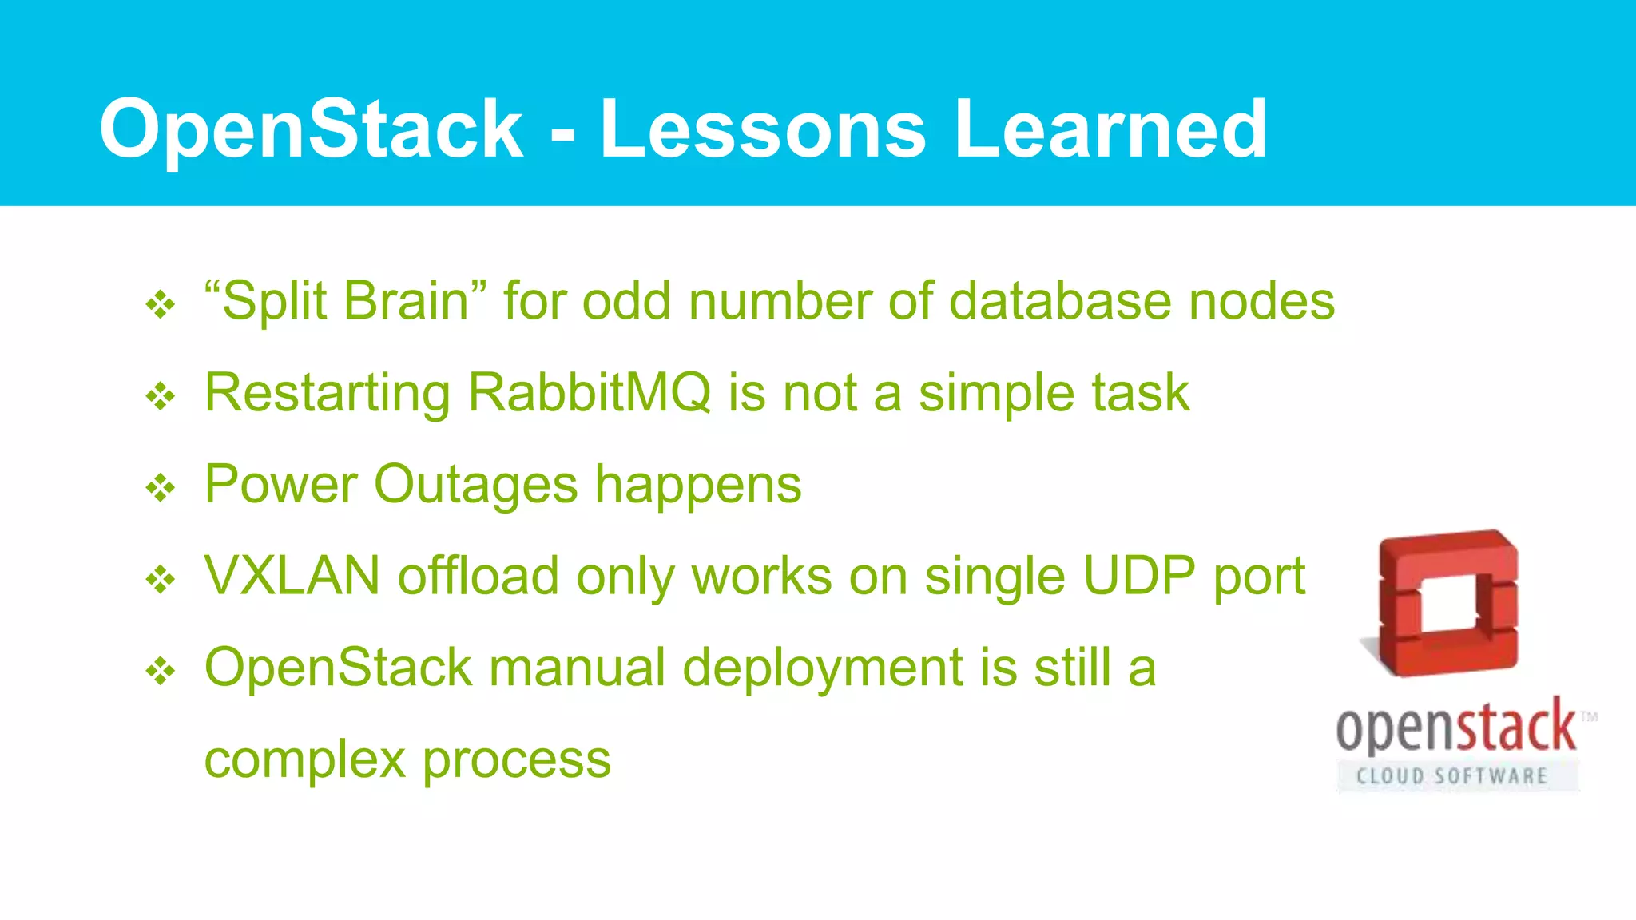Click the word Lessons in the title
click(763, 129)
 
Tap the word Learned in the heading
click(1110, 129)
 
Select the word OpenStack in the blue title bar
click(312, 129)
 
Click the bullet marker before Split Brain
click(161, 304)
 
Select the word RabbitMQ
click(589, 393)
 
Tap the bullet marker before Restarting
click(161, 396)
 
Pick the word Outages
click(475, 486)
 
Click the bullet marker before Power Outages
click(161, 488)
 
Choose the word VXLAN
click(292, 576)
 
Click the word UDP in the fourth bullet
click(1139, 576)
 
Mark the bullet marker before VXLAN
click(161, 580)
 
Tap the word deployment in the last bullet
click(823, 668)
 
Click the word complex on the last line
click(305, 760)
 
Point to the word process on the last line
click(517, 760)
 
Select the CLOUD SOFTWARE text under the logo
click(1452, 775)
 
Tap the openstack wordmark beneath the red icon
click(1455, 727)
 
